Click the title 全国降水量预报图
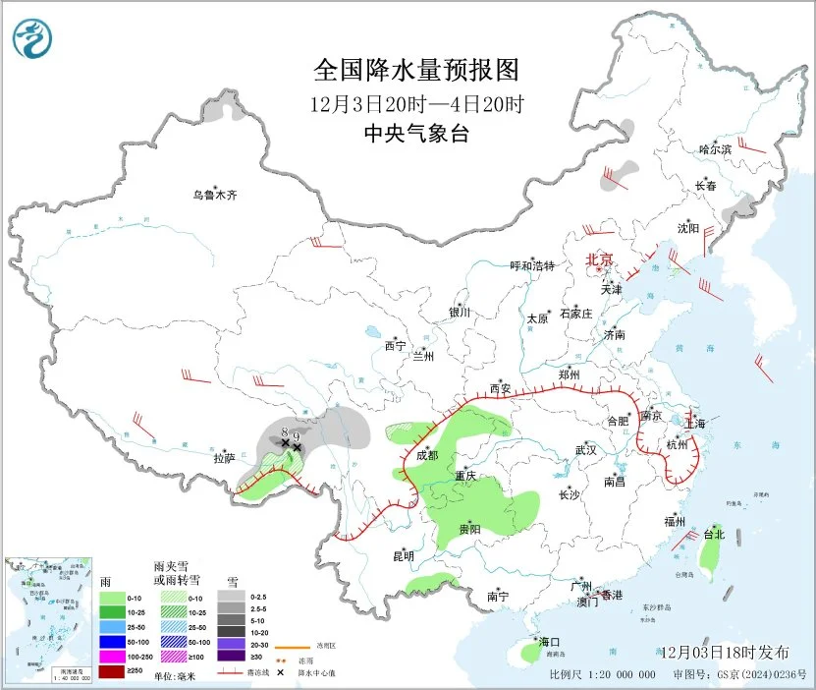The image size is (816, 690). (415, 71)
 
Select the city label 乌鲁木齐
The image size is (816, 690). (214, 195)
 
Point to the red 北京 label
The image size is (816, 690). (599, 259)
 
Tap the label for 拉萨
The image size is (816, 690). (224, 458)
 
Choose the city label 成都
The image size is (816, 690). (427, 455)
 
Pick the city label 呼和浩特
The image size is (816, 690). (532, 265)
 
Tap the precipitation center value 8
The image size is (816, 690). (284, 431)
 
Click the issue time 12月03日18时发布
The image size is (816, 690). (725, 653)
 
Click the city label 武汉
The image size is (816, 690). (586, 449)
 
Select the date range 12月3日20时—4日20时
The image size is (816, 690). (415, 103)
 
